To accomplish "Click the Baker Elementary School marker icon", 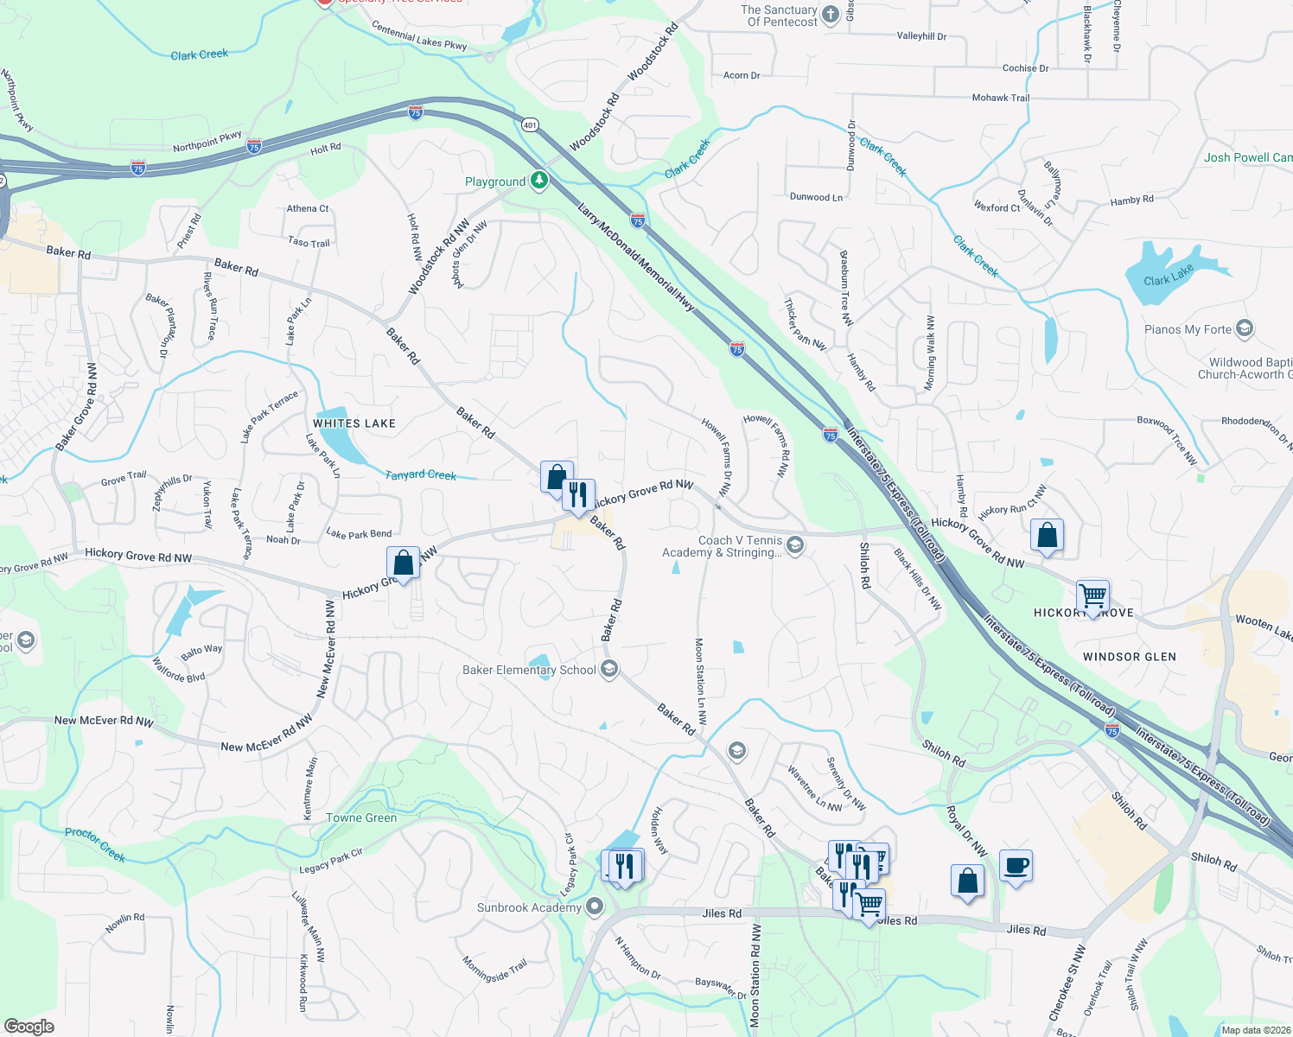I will (609, 670).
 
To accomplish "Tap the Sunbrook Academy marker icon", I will (595, 907).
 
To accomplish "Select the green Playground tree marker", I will (539, 181).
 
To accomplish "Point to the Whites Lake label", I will (354, 423).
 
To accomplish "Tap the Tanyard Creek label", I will (420, 475).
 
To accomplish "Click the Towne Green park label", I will (361, 818).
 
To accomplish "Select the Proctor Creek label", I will (95, 844).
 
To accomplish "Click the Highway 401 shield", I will (530, 125).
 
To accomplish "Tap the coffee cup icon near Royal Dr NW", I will (1016, 865).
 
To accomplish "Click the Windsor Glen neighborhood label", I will (1129, 657).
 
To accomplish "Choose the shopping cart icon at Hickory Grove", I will (1092, 595).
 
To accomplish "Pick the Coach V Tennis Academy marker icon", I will (795, 544).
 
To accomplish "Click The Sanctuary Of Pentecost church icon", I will (830, 14).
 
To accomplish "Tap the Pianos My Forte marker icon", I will (1245, 328).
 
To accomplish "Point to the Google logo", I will (29, 1027).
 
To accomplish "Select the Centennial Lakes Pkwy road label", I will (419, 35).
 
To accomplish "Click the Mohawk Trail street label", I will (1000, 98).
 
